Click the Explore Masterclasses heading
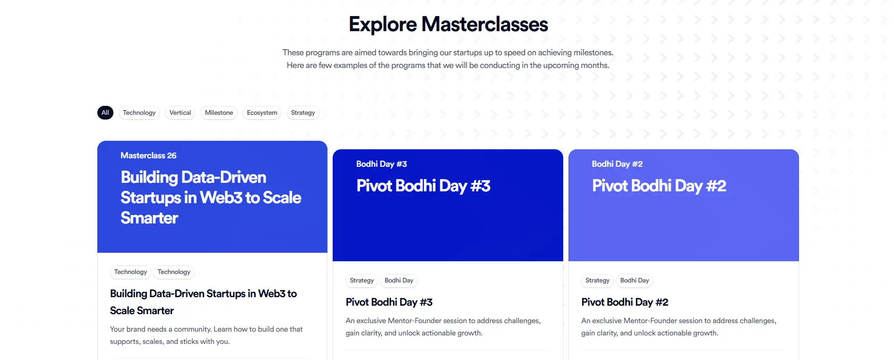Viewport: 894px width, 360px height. click(x=448, y=25)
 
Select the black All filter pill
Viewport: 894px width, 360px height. click(x=105, y=112)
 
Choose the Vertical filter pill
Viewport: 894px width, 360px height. click(x=180, y=112)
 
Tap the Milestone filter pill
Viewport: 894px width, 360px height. click(x=219, y=112)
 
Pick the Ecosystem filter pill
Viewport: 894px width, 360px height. click(x=262, y=112)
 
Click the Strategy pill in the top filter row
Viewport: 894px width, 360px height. click(x=303, y=112)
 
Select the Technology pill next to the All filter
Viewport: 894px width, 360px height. click(x=139, y=112)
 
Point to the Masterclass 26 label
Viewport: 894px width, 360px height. click(x=148, y=155)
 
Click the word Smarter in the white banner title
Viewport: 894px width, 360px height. click(x=149, y=218)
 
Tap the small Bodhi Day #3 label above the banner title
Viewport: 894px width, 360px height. click(x=381, y=164)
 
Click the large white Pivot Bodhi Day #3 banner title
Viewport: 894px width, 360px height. click(x=423, y=186)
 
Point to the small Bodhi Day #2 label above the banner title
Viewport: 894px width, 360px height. click(x=617, y=164)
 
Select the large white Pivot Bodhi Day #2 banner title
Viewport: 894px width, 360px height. click(x=659, y=186)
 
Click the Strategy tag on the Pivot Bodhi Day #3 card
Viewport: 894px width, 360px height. click(x=361, y=281)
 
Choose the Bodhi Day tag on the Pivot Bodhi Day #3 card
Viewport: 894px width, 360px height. click(x=399, y=281)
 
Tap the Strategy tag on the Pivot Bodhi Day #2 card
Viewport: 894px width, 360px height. click(x=597, y=281)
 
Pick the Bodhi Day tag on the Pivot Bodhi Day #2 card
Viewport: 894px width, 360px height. click(x=635, y=281)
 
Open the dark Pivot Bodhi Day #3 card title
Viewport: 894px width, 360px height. click(x=389, y=302)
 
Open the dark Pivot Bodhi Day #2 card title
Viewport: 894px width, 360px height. click(x=625, y=302)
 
